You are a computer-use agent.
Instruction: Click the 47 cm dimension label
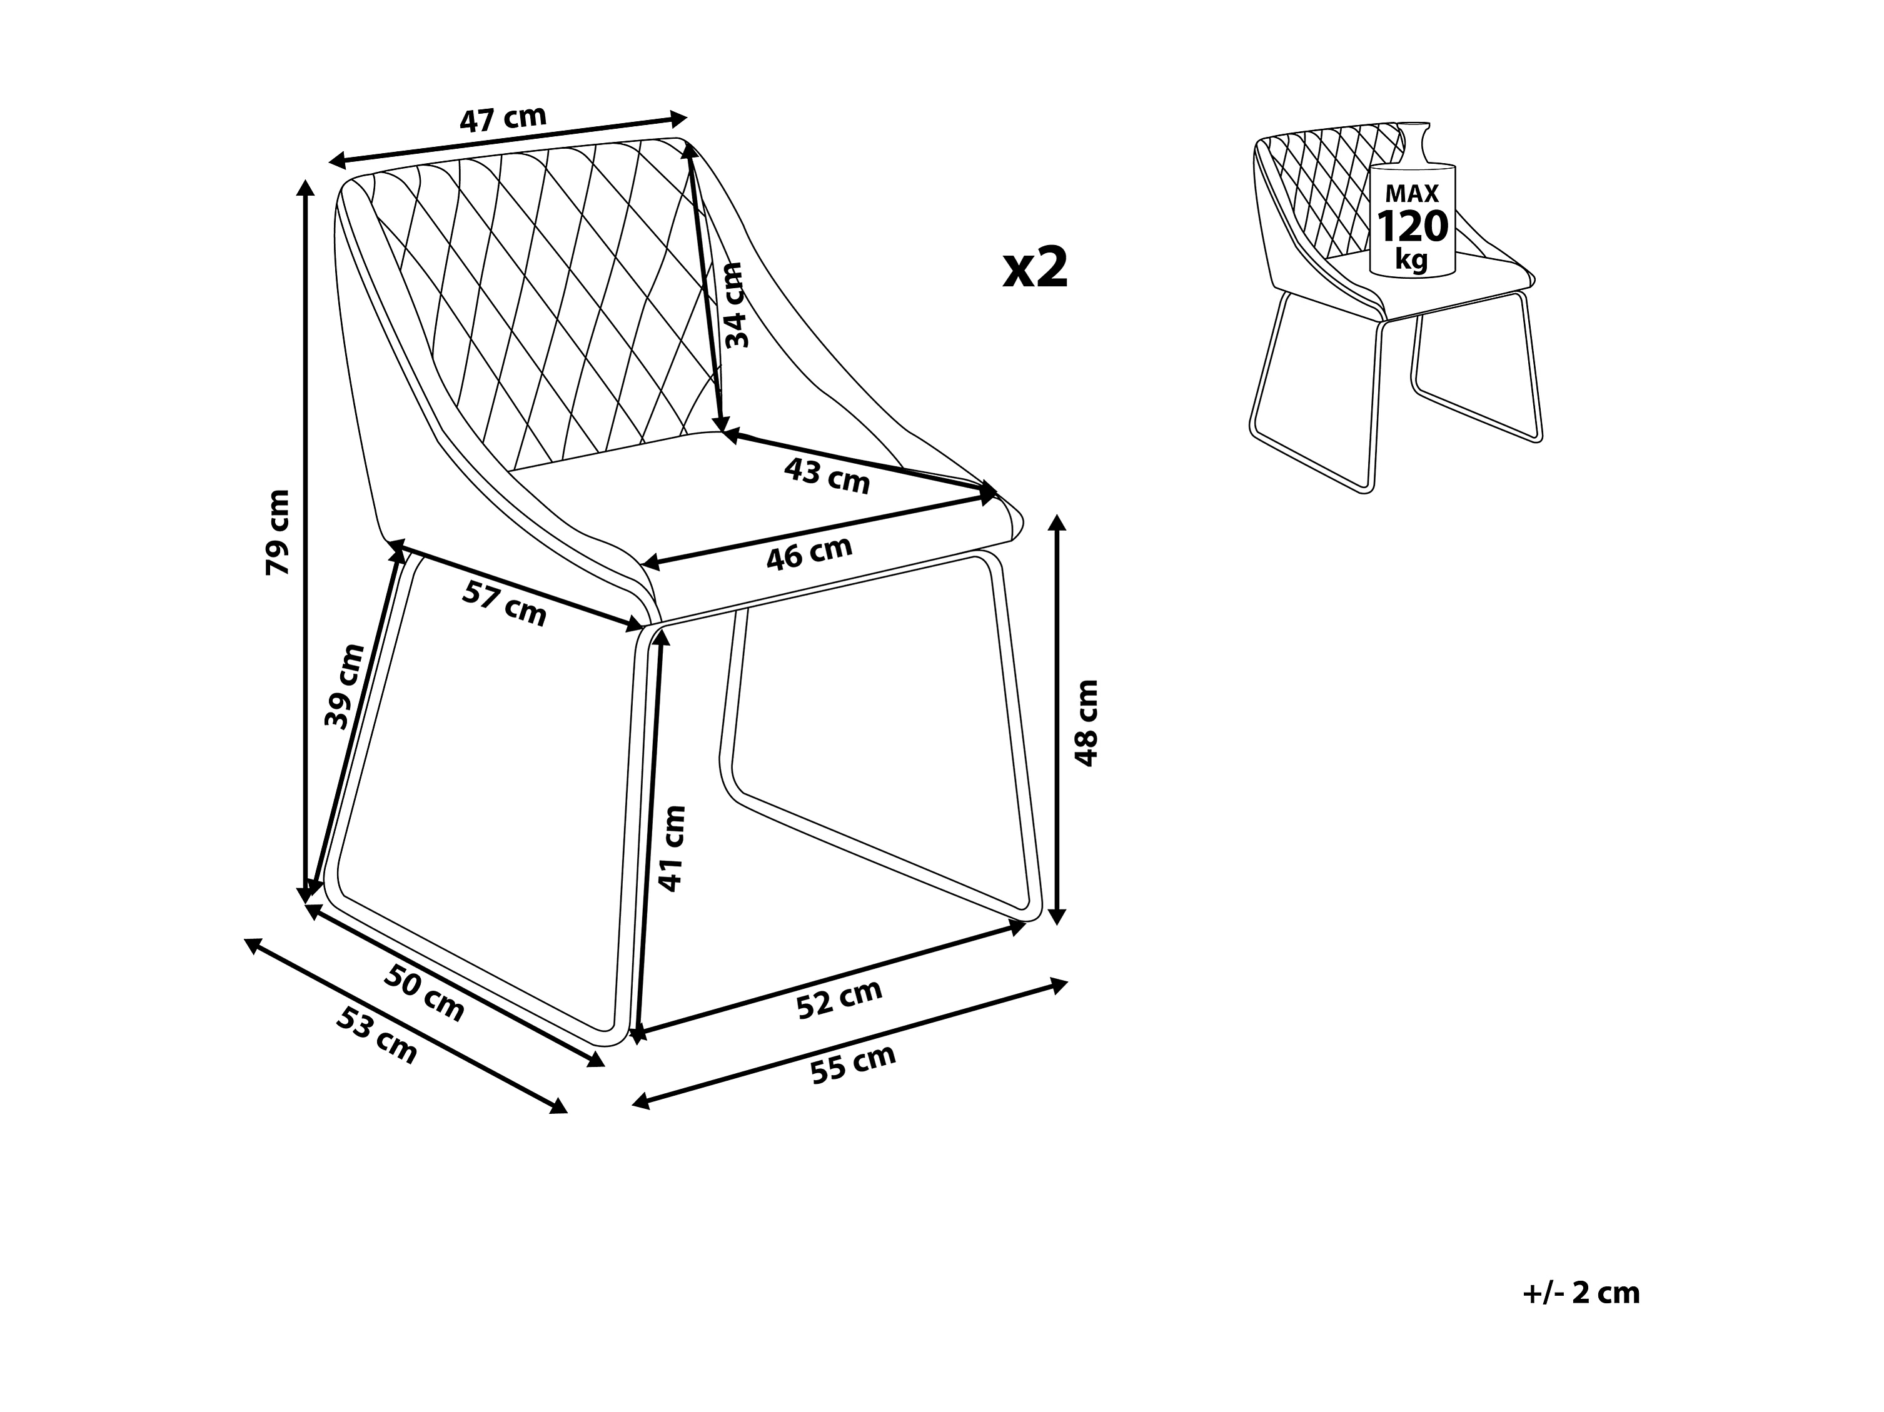click(x=503, y=119)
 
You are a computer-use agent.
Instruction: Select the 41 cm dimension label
click(x=672, y=848)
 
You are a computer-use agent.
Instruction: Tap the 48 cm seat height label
click(x=1087, y=723)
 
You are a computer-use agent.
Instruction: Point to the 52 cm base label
click(x=839, y=999)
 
